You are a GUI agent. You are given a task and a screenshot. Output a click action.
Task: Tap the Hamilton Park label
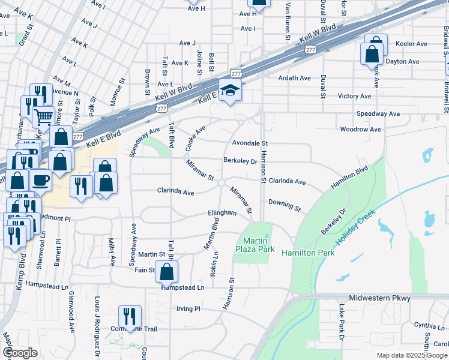click(x=307, y=253)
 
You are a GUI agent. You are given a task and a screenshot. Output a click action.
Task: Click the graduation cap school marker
click(x=230, y=91)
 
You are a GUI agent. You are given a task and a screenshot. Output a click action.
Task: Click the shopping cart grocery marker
click(x=44, y=116)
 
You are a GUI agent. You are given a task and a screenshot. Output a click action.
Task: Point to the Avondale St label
click(x=250, y=143)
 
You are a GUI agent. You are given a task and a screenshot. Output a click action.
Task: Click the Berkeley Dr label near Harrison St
click(x=240, y=161)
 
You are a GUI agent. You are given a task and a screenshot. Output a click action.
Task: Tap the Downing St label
click(x=285, y=205)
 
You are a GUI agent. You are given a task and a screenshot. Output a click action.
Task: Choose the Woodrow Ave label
click(x=361, y=129)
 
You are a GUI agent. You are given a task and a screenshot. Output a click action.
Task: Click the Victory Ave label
click(x=354, y=96)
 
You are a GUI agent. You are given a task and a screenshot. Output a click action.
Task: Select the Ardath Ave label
click(x=294, y=78)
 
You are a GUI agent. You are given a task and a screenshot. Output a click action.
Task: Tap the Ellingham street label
click(x=222, y=213)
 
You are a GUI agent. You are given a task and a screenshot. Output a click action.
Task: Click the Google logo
click(x=20, y=353)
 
